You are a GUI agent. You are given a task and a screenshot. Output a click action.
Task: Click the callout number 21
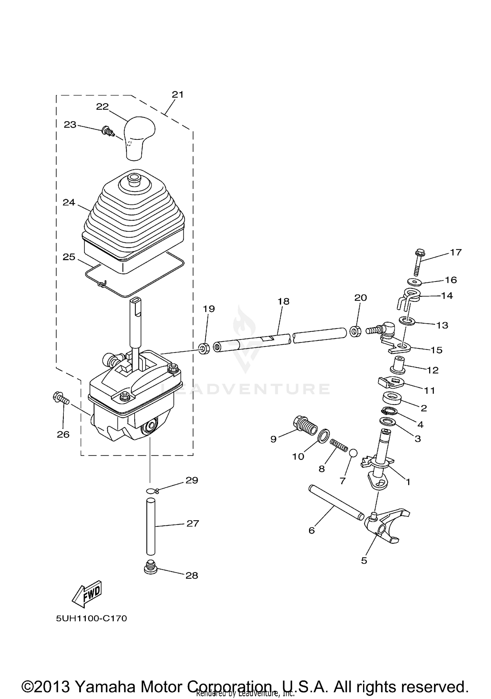coord(177,95)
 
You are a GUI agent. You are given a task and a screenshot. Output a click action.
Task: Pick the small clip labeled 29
coord(152,490)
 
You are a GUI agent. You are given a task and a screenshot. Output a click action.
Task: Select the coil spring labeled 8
coord(338,446)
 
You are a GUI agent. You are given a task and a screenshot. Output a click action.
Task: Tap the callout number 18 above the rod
coord(283,301)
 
